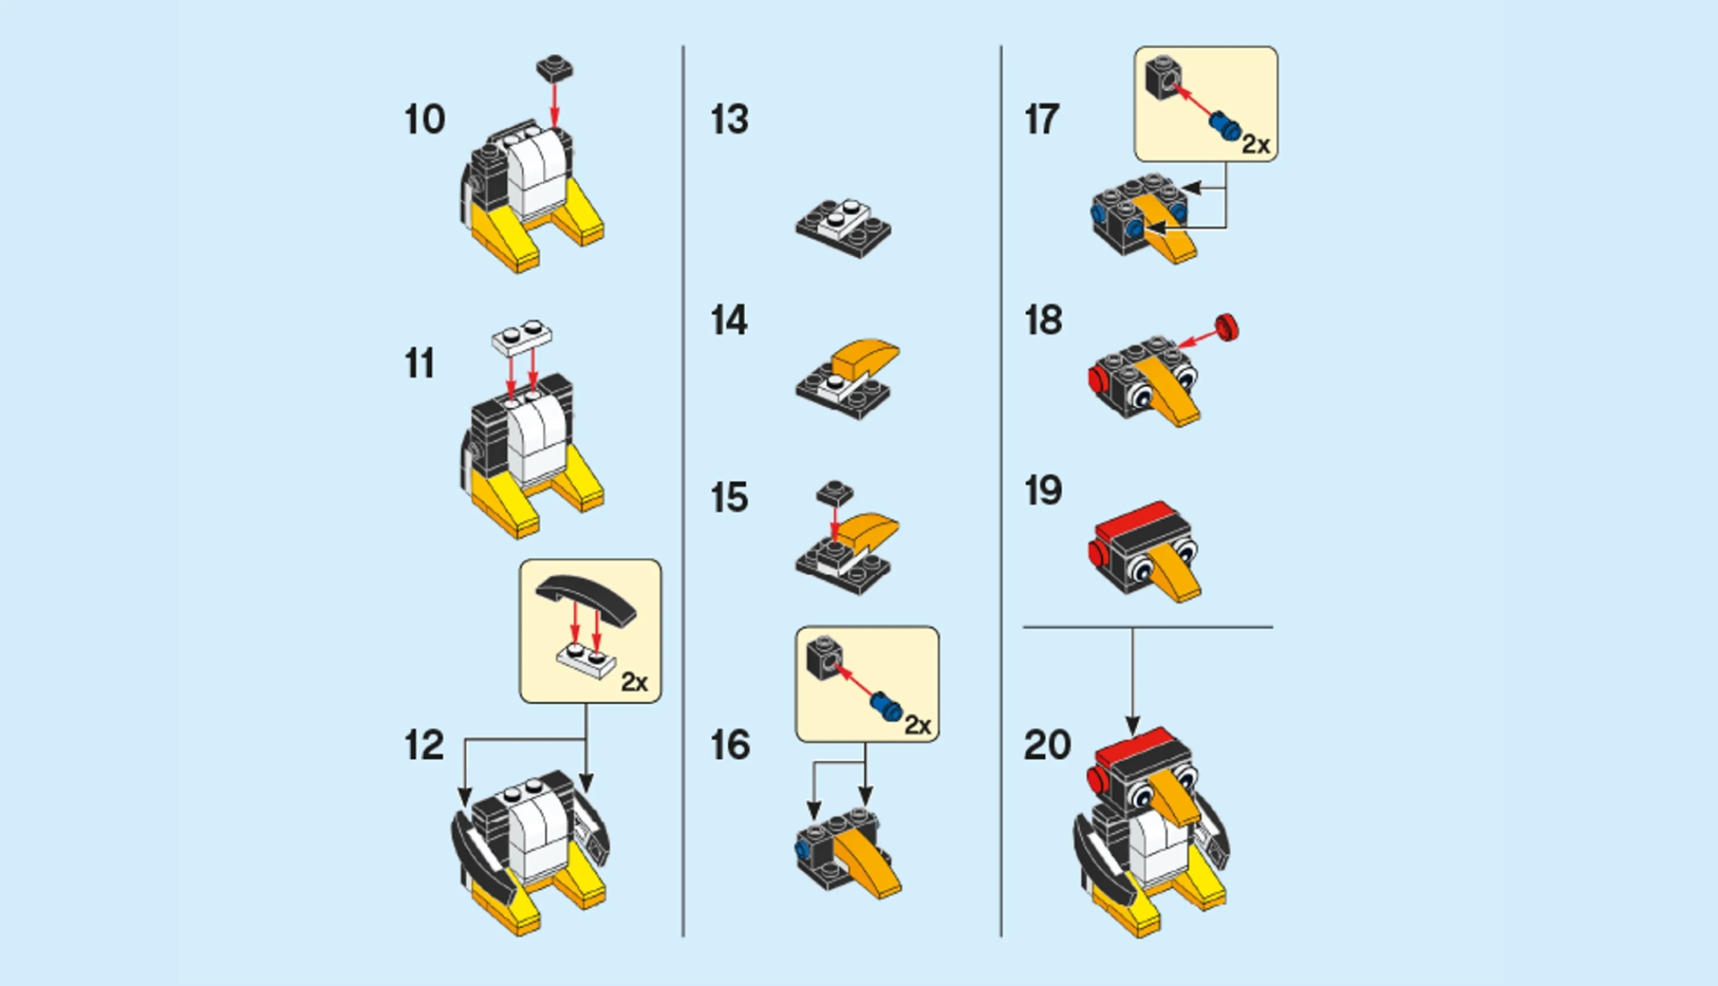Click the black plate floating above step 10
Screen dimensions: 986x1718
click(554, 68)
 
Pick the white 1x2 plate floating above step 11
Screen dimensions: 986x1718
click(522, 337)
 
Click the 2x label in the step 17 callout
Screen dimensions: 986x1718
click(1255, 144)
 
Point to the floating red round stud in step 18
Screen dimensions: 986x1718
click(1226, 326)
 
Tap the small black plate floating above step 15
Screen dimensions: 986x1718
click(834, 493)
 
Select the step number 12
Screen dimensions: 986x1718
click(424, 745)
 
